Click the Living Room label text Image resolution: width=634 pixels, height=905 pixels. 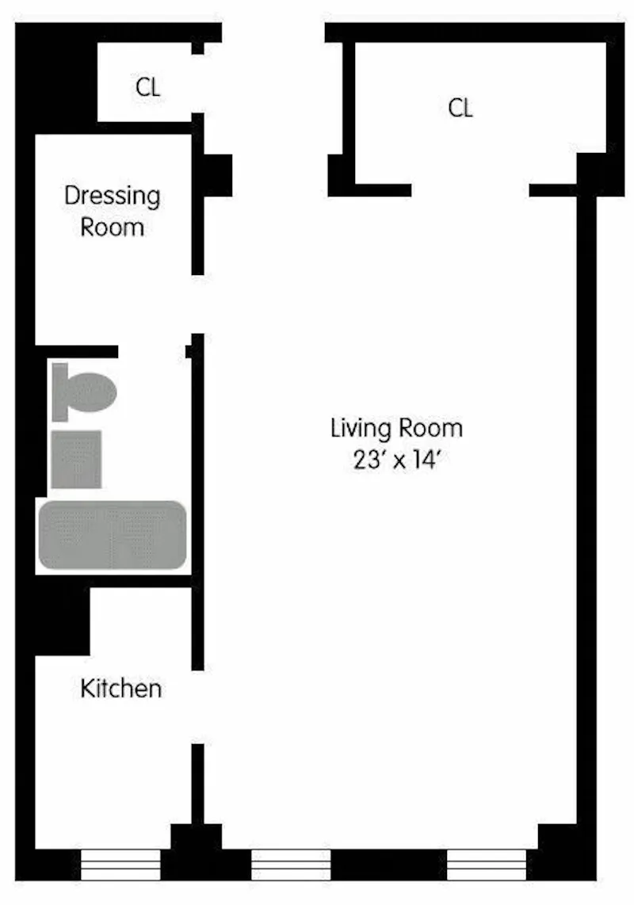396,429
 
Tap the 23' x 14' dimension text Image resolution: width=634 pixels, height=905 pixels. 396,461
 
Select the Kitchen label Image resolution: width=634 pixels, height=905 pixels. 121,688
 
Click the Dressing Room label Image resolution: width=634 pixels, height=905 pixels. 112,211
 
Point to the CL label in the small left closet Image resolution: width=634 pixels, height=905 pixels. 147,87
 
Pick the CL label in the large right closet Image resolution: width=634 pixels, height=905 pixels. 460,108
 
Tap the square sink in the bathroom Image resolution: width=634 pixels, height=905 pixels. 76,460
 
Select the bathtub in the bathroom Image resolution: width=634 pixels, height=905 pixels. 112,535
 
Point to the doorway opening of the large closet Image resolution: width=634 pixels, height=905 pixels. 470,190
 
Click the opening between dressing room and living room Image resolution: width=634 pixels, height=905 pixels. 198,304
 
